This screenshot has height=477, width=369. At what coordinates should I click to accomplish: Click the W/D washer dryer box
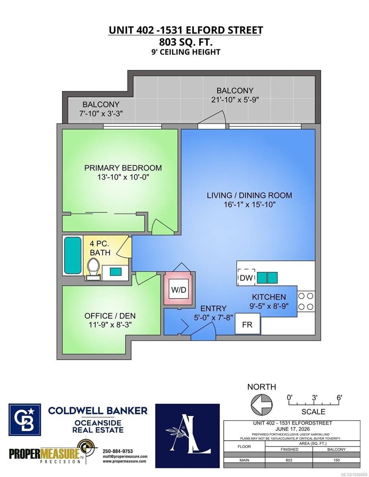[179, 289]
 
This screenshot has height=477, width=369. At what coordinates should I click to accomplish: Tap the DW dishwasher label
[246, 278]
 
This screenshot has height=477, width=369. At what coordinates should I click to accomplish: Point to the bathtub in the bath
[73, 255]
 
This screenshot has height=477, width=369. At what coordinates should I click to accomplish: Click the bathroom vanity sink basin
[115, 271]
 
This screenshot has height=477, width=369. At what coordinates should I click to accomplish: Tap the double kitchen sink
[267, 277]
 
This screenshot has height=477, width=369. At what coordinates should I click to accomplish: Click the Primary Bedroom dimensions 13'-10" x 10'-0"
[123, 177]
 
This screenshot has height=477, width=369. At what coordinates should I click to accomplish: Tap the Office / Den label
[110, 316]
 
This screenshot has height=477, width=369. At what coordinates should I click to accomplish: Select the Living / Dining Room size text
[249, 205]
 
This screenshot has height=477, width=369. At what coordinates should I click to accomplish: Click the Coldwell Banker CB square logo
[25, 420]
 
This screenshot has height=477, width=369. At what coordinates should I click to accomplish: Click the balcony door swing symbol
[212, 120]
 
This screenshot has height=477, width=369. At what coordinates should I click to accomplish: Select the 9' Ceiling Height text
[186, 52]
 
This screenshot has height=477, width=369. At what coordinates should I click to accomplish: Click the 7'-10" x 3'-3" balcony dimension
[101, 114]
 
